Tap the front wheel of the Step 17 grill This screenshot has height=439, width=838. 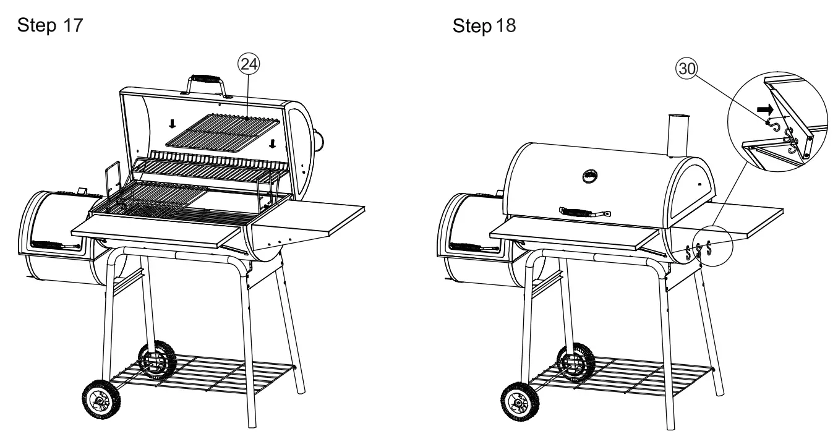99,401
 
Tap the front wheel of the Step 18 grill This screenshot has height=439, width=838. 517,404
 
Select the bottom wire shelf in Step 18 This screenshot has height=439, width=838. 625,376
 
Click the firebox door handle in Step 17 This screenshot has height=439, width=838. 56,245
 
